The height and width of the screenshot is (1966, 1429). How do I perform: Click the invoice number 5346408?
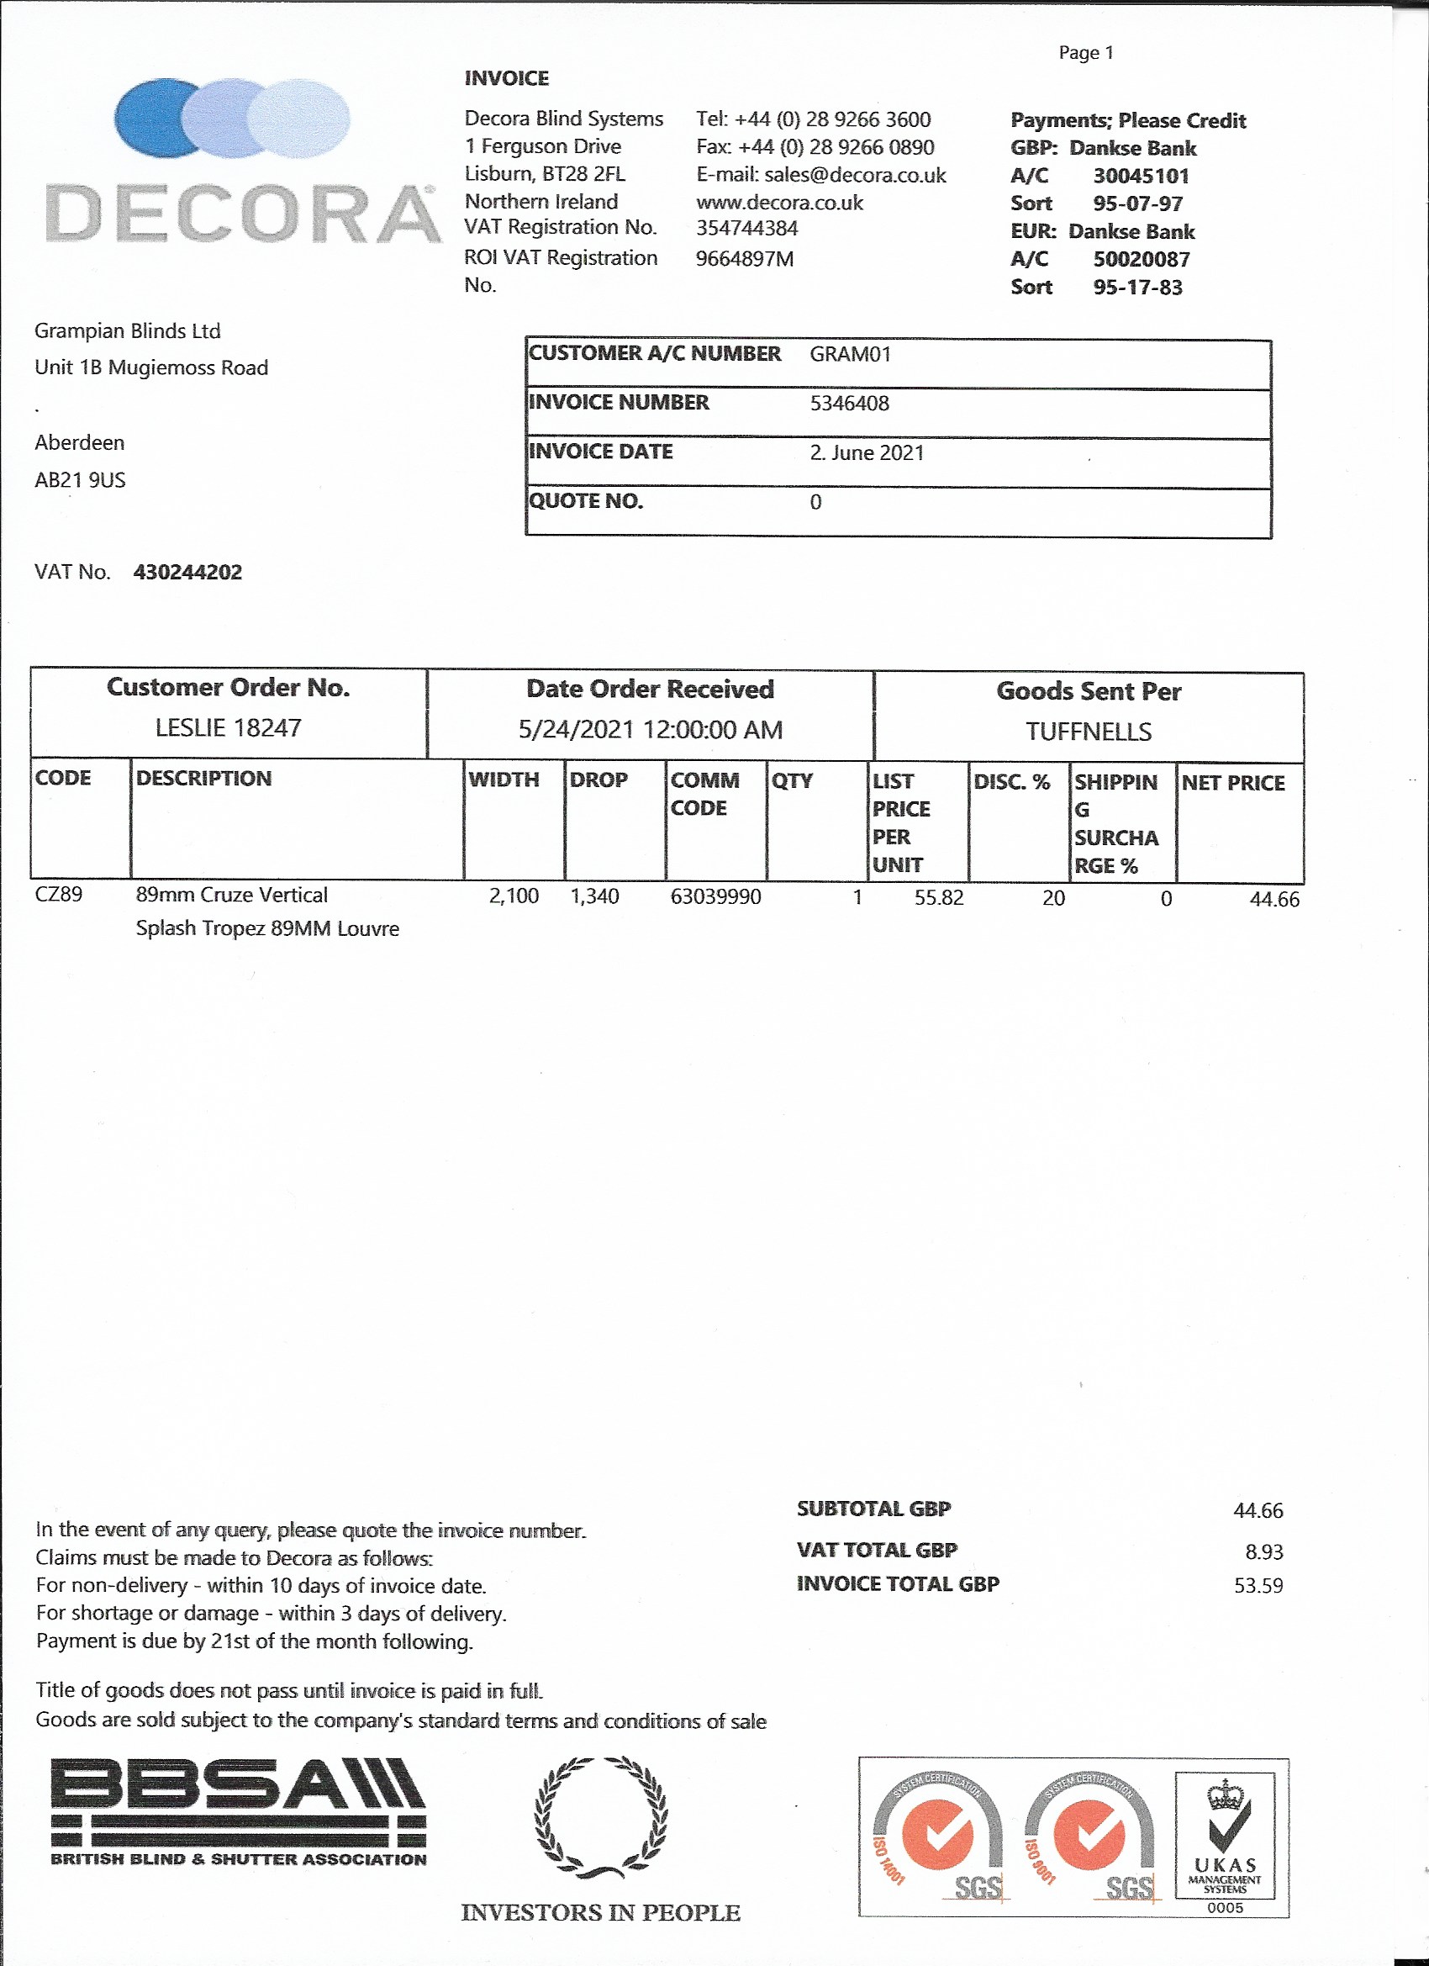click(x=849, y=403)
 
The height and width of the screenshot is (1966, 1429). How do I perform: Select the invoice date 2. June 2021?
click(x=867, y=452)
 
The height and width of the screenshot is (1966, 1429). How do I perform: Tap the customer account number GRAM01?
click(x=850, y=354)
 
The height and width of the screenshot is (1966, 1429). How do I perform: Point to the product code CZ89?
click(x=58, y=894)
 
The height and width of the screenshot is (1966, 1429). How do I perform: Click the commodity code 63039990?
click(x=715, y=896)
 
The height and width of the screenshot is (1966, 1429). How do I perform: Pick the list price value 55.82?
click(x=938, y=897)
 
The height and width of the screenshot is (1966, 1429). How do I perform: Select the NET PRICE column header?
click(x=1232, y=783)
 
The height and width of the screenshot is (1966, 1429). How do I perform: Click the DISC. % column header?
click(x=1011, y=782)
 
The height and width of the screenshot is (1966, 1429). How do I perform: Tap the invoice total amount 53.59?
click(x=1258, y=1585)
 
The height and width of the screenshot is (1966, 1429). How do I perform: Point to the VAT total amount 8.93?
click(x=1263, y=1551)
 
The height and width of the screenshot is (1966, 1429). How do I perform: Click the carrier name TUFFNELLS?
click(x=1089, y=732)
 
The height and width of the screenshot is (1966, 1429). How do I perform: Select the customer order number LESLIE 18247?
click(x=228, y=727)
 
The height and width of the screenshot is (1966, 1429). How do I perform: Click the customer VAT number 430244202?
click(x=187, y=572)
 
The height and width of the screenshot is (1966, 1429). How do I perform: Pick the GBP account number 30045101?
click(x=1141, y=176)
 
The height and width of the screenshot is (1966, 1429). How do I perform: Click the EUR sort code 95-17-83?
click(x=1137, y=287)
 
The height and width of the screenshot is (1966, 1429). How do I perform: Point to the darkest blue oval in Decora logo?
click(x=151, y=118)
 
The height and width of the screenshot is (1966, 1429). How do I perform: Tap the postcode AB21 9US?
click(x=80, y=480)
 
